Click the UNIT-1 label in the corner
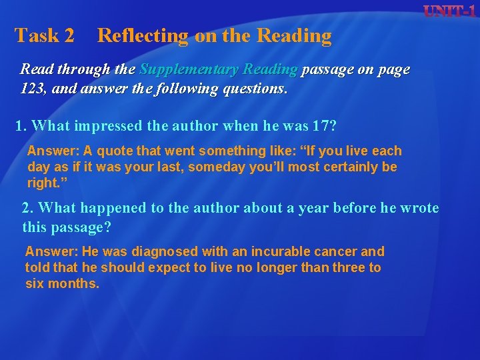click(x=450, y=11)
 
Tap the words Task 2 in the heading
click(x=45, y=36)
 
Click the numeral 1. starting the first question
click(x=21, y=125)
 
